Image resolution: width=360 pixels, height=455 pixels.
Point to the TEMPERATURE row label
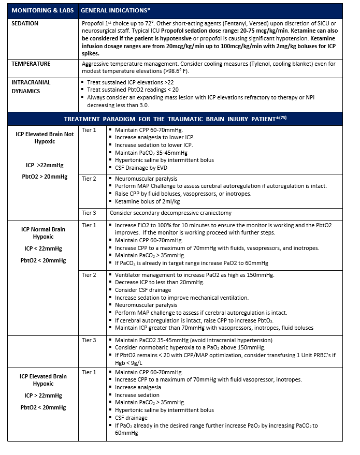click(32, 64)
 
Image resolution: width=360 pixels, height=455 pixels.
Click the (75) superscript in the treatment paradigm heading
click(283, 117)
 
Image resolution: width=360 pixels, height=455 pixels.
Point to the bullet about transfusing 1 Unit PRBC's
click(222, 355)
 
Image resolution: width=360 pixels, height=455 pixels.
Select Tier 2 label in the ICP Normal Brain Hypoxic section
click(89, 275)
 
